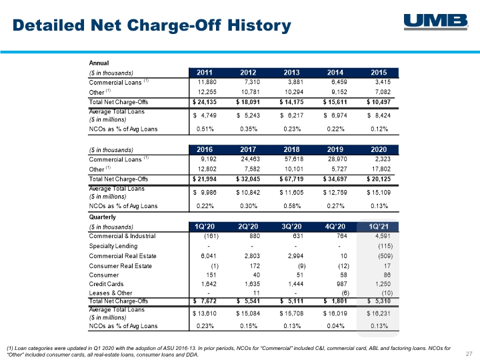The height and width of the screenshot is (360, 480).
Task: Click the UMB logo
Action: (x=436, y=22)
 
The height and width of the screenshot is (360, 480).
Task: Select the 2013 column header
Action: (x=291, y=73)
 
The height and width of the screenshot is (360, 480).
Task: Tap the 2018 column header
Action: (x=291, y=150)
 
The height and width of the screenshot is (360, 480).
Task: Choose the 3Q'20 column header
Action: (x=291, y=227)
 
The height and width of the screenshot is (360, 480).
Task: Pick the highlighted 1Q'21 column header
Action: (x=379, y=227)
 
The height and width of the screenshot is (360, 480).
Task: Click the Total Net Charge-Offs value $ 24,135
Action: (x=205, y=102)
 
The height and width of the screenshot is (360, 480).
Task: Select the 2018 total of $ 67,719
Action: (x=291, y=179)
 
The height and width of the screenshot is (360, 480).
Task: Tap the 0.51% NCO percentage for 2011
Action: (x=205, y=129)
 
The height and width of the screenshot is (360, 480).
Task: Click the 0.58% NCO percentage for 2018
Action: (x=292, y=206)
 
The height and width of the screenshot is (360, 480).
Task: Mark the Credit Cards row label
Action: (x=106, y=284)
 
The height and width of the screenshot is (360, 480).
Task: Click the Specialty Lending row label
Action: (x=113, y=246)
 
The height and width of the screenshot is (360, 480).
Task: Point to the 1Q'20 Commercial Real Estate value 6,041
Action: (x=209, y=256)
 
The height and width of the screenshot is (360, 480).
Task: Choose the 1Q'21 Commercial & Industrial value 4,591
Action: (x=383, y=236)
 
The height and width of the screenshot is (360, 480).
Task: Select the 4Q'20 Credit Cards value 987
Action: (x=341, y=284)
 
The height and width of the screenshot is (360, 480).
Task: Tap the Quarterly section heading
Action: (x=102, y=217)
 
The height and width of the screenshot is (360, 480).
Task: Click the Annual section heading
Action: (x=99, y=63)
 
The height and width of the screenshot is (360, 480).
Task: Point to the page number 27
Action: (x=469, y=353)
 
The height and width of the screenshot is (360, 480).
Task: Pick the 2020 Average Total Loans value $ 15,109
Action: (x=379, y=193)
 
